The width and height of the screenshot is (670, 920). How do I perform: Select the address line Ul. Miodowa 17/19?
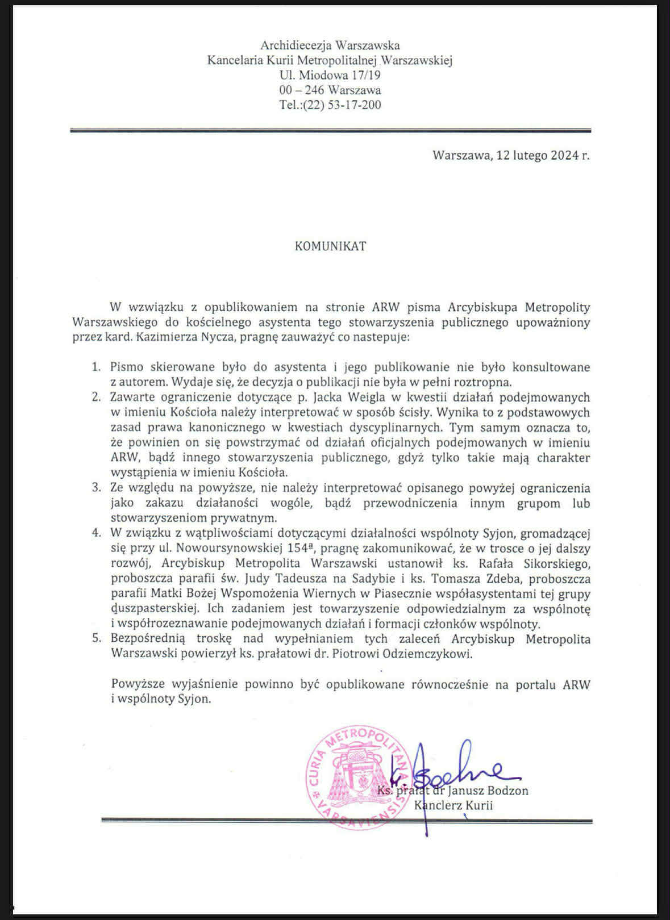[x=330, y=75]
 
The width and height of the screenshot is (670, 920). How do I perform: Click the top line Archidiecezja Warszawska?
[x=330, y=45]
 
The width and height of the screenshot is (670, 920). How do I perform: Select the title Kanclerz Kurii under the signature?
[x=453, y=805]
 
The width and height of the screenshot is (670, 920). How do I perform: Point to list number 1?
[x=97, y=367]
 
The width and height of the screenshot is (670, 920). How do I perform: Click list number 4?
[x=97, y=533]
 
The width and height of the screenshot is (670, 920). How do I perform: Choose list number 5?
[x=97, y=639]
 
